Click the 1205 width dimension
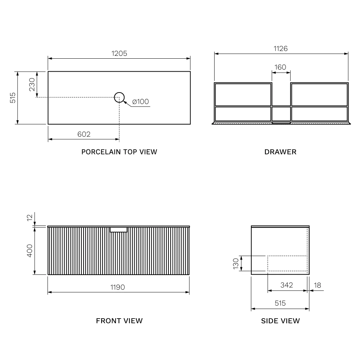[119, 53]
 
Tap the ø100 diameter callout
[140, 102]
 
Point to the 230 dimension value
[32, 85]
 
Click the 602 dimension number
[84, 134]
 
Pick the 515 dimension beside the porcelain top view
[13, 98]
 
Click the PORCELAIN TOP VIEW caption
[119, 152]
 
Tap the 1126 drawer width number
[280, 49]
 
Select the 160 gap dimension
[280, 67]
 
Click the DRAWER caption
[280, 152]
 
